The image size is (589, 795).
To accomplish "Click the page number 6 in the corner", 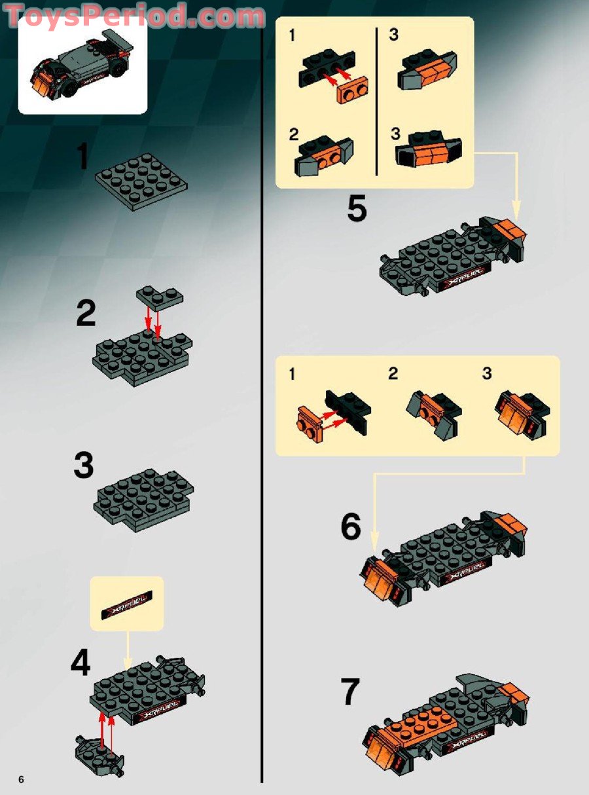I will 21,779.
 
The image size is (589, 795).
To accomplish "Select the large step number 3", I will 83,466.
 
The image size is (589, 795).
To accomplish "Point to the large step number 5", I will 357,210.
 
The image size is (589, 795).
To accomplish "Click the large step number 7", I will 350,692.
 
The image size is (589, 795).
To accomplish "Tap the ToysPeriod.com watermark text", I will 134,16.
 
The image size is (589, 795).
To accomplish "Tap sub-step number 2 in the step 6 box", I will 393,374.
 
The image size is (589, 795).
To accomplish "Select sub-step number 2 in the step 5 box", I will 294,135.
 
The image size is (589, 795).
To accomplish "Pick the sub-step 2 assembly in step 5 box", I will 324,155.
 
